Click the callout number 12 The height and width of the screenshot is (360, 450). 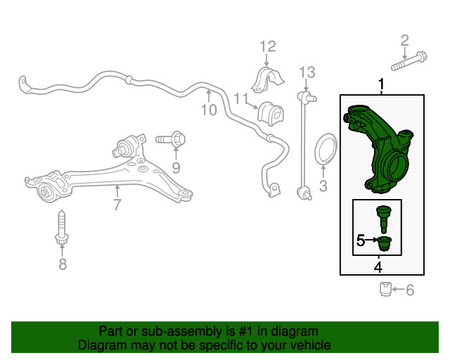point(268,46)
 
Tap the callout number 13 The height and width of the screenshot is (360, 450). point(307,72)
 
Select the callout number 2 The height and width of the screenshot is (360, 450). point(405,41)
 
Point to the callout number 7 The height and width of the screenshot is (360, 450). point(117,205)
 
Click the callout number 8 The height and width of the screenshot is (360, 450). point(63,264)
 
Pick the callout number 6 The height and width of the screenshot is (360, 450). point(410,290)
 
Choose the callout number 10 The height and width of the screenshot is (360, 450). point(209,110)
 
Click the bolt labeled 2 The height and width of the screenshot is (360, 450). point(409,61)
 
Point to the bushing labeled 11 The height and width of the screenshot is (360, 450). point(270,114)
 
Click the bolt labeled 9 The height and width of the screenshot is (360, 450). point(171,140)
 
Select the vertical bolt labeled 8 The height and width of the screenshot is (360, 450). point(62,227)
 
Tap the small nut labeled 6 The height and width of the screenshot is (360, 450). point(385,289)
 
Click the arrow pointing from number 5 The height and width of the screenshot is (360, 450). point(372,240)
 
